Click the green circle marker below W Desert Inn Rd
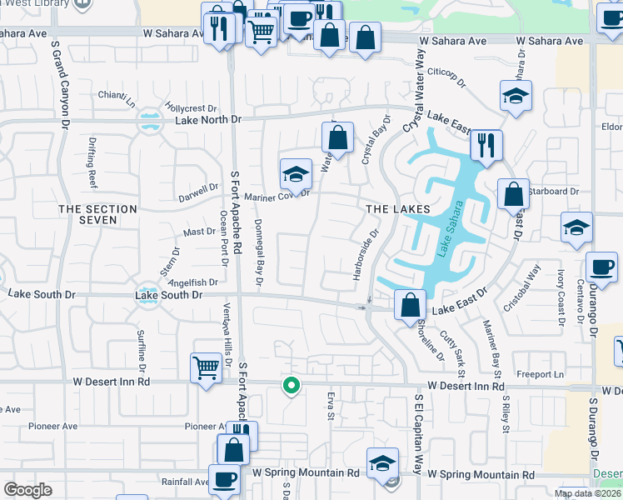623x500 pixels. tap(291, 385)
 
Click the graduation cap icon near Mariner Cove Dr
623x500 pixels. tap(296, 174)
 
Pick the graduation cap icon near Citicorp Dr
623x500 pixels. tap(516, 96)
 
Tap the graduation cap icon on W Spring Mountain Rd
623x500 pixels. tap(381, 463)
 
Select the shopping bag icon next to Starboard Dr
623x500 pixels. tap(513, 193)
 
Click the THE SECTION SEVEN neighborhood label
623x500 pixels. tap(97, 215)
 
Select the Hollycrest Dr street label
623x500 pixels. tap(190, 108)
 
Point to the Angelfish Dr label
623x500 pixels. tap(192, 282)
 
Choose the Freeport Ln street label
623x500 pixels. tap(541, 375)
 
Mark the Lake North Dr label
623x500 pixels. tap(207, 120)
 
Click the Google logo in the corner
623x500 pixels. tap(27, 490)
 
